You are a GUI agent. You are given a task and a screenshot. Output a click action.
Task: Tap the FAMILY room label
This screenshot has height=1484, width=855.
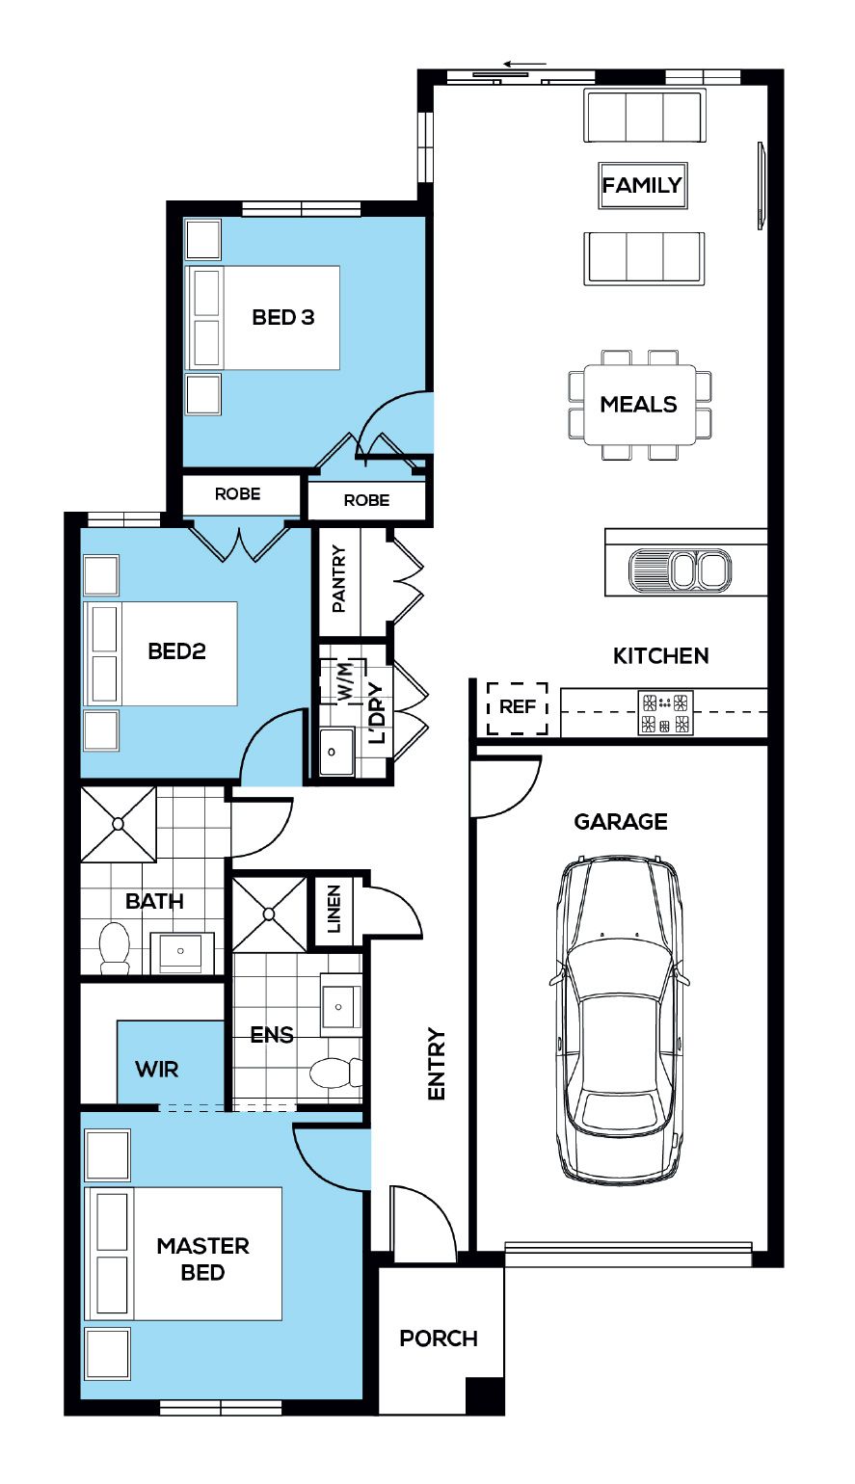pyautogui.click(x=642, y=185)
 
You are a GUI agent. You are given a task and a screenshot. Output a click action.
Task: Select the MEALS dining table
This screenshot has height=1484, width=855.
pyautogui.click(x=640, y=404)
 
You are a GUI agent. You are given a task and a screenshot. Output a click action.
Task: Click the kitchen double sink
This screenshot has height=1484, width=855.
pyautogui.click(x=680, y=570)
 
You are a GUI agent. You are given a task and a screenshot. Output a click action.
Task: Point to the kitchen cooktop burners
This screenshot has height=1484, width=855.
pyautogui.click(x=665, y=712)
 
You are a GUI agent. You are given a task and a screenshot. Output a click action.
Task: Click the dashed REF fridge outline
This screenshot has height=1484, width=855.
pyautogui.click(x=518, y=708)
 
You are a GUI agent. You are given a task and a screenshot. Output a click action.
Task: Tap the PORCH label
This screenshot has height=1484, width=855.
pyautogui.click(x=439, y=1338)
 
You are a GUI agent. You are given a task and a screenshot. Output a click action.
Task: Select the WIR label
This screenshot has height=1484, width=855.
pyautogui.click(x=156, y=1069)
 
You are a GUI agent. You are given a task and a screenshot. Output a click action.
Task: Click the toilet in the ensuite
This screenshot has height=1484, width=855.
pyautogui.click(x=335, y=1073)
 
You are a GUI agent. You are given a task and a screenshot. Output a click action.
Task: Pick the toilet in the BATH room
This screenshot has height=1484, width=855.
pyautogui.click(x=115, y=948)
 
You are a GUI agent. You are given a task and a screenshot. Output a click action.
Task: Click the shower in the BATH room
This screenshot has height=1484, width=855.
pyautogui.click(x=119, y=824)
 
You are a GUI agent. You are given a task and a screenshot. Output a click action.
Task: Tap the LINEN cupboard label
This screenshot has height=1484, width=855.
pyautogui.click(x=334, y=909)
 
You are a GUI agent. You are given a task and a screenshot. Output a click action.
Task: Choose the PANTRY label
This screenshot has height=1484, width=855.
pyautogui.click(x=338, y=578)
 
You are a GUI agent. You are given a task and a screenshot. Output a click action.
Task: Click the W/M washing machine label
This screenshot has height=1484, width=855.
pyautogui.click(x=345, y=680)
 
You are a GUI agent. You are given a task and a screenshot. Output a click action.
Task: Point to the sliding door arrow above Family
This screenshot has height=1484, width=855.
pyautogui.click(x=525, y=65)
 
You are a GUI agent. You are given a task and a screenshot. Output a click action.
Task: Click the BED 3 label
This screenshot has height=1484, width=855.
pyautogui.click(x=283, y=317)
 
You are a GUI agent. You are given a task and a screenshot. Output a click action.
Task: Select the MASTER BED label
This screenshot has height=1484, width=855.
pyautogui.click(x=202, y=1259)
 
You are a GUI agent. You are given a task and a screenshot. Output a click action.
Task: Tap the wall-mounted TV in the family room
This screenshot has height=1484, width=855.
pyautogui.click(x=761, y=185)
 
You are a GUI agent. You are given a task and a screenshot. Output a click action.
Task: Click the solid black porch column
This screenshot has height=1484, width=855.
pyautogui.click(x=485, y=1395)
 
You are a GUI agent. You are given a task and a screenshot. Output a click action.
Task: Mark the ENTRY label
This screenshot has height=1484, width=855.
pyautogui.click(x=436, y=1064)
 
